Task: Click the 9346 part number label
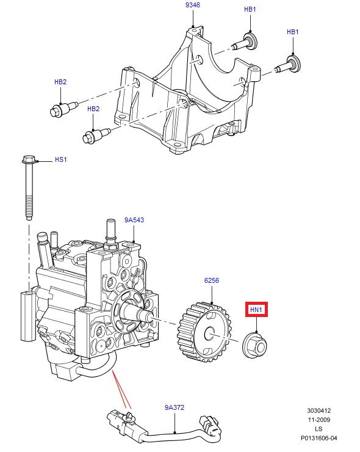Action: (192, 5)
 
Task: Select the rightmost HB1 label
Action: (293, 32)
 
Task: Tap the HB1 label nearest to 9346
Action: (250, 10)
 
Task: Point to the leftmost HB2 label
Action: (60, 81)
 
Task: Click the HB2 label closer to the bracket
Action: (93, 109)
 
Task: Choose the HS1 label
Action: (60, 160)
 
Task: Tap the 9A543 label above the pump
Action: (134, 219)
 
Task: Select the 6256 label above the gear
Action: (211, 280)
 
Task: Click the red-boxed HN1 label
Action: (256, 310)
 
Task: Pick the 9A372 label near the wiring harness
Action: (175, 407)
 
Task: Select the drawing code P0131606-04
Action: (319, 438)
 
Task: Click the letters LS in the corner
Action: (319, 429)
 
